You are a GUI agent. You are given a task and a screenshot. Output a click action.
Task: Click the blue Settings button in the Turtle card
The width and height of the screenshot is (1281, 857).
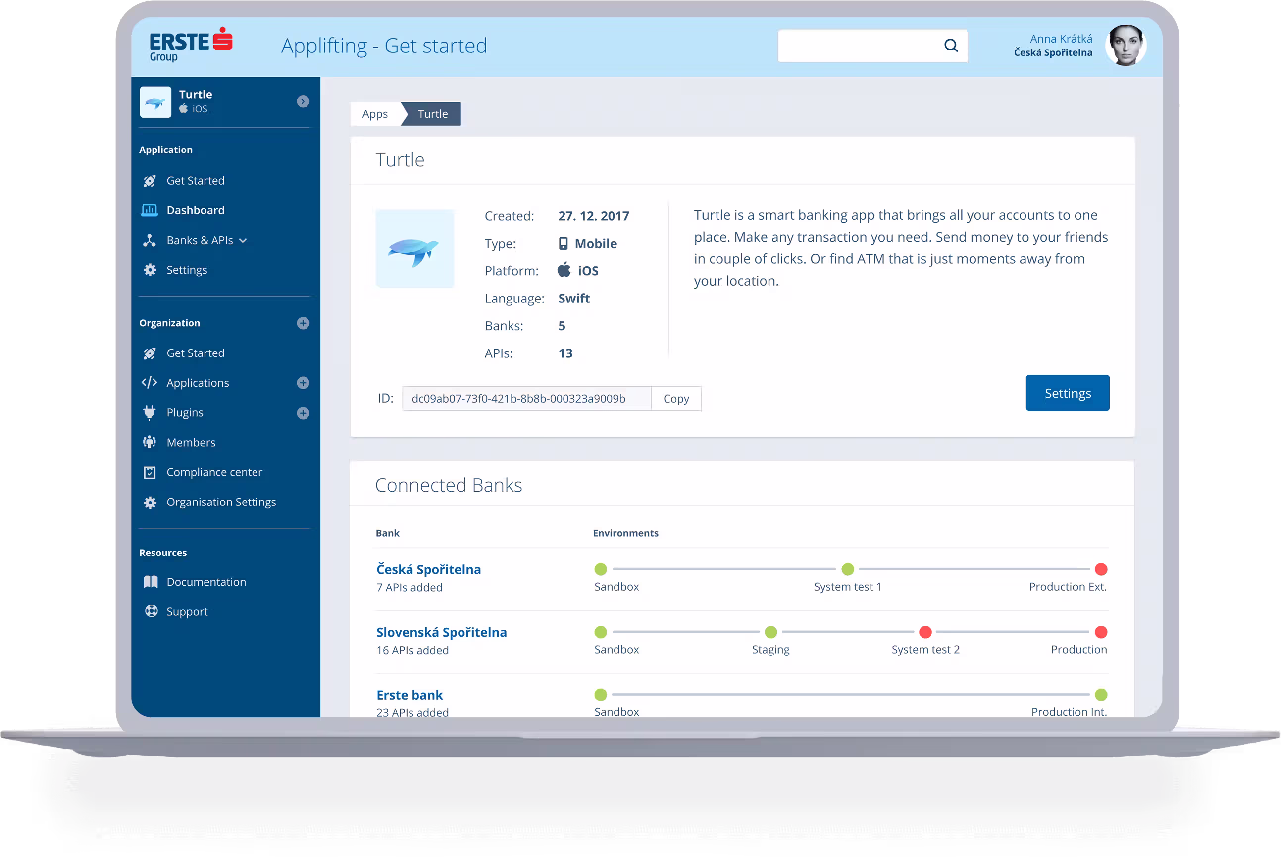pyautogui.click(x=1067, y=393)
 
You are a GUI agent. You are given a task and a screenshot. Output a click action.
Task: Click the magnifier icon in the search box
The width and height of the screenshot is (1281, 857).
pyautogui.click(x=951, y=46)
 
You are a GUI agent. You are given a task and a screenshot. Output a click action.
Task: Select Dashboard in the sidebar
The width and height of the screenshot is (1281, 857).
pyautogui.click(x=195, y=210)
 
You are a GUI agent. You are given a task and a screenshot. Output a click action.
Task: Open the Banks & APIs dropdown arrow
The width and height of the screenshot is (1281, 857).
pyautogui.click(x=243, y=241)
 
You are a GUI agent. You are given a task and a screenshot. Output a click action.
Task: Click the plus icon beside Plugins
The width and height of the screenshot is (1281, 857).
pyautogui.click(x=303, y=413)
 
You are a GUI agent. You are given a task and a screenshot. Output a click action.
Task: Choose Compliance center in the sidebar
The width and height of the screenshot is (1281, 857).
pyautogui.click(x=214, y=472)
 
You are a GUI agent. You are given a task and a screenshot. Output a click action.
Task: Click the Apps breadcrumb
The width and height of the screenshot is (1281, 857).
pyautogui.click(x=375, y=114)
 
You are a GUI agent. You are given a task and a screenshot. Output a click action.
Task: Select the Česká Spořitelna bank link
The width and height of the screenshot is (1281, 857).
pyautogui.click(x=428, y=569)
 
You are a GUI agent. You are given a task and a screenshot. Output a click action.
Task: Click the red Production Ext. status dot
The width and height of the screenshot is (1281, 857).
pyautogui.click(x=1101, y=569)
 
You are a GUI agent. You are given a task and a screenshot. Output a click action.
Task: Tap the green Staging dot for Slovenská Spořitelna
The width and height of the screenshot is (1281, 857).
pyautogui.click(x=770, y=632)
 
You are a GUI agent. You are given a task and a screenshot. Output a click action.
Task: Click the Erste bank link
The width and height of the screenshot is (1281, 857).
pyautogui.click(x=410, y=695)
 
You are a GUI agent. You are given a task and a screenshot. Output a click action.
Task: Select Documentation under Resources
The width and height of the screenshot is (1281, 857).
pyautogui.click(x=206, y=582)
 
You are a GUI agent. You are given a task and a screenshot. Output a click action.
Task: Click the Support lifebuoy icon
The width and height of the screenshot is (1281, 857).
pyautogui.click(x=151, y=611)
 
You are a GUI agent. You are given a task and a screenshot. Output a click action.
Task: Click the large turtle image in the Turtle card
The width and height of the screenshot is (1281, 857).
pyautogui.click(x=415, y=249)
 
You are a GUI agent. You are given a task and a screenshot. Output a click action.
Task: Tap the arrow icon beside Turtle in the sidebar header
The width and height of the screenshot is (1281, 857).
pyautogui.click(x=303, y=101)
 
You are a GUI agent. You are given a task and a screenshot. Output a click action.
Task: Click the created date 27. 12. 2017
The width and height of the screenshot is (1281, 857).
pyautogui.click(x=594, y=216)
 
